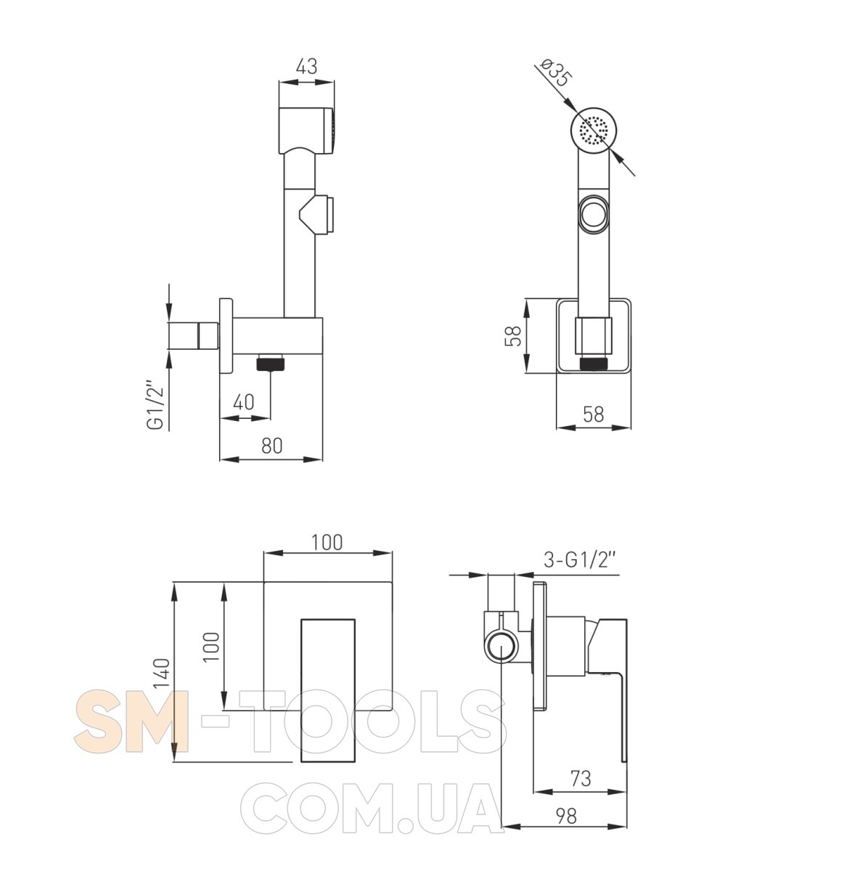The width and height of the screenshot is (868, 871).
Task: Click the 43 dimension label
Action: tap(306, 67)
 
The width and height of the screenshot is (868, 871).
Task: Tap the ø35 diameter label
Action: tap(556, 73)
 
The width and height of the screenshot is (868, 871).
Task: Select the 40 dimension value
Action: tap(244, 402)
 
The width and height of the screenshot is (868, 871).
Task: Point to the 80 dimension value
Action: tap(271, 446)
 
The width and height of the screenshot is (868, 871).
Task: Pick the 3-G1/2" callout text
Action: tap(581, 560)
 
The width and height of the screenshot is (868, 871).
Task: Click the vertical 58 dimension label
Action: tap(513, 336)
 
